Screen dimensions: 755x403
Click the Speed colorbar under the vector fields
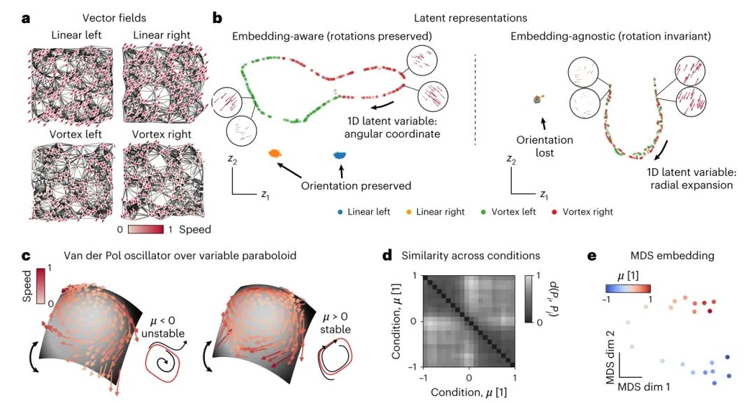coord(145,228)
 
